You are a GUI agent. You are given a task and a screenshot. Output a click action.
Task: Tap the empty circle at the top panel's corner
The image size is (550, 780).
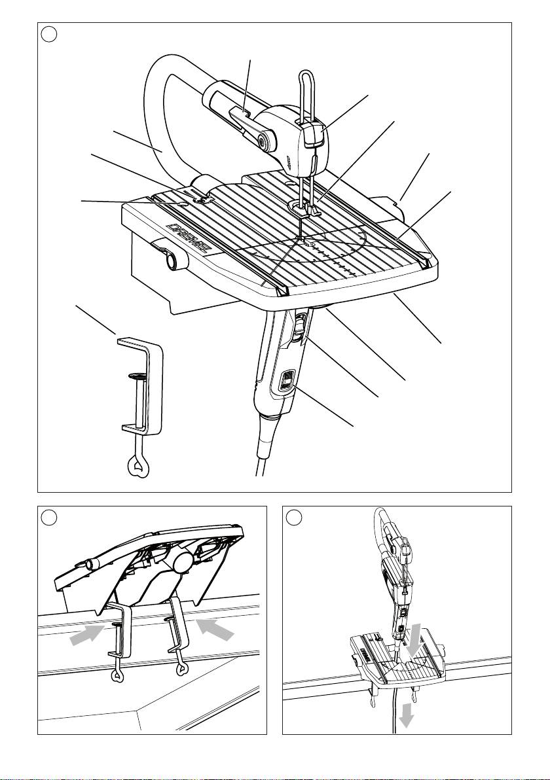[x=48, y=34]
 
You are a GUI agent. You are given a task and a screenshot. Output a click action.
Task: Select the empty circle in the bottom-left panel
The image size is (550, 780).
[x=48, y=518]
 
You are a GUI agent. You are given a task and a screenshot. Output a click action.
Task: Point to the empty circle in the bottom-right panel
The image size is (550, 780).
[x=294, y=518]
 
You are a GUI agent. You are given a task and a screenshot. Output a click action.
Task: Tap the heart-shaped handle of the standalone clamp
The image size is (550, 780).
[x=136, y=466]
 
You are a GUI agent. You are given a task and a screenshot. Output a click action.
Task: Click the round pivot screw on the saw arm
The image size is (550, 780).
[x=261, y=141]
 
